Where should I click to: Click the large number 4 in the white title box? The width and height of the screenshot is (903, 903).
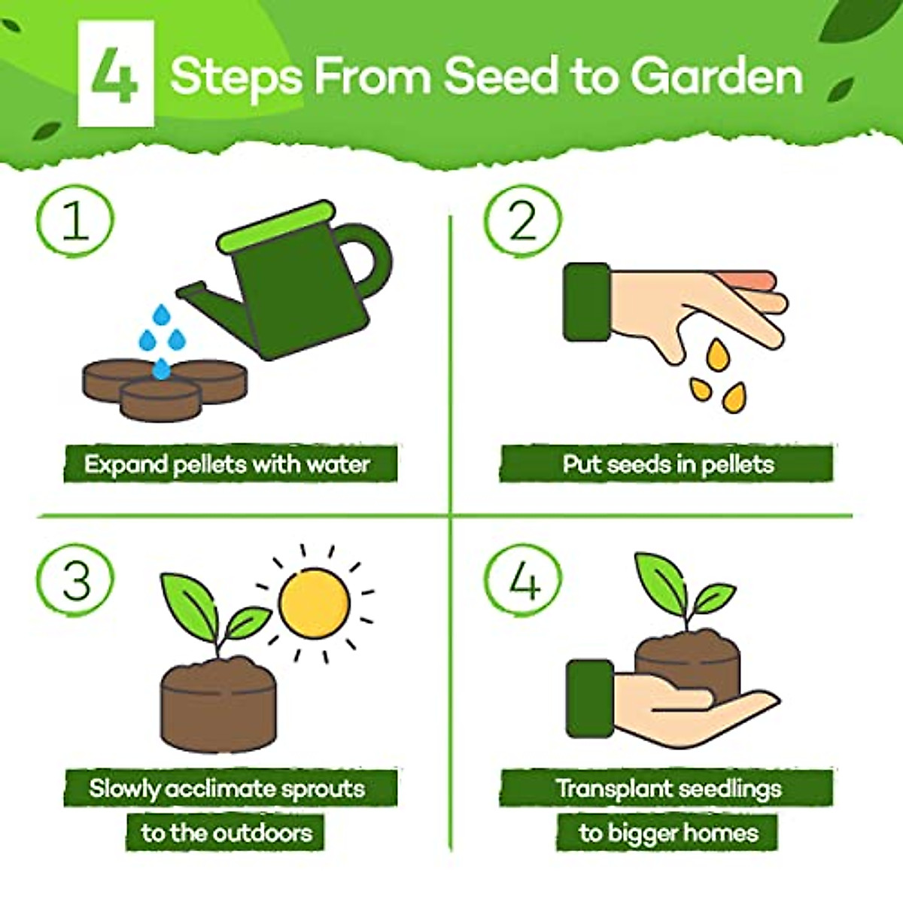coord(115,75)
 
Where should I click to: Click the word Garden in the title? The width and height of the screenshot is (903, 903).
coord(716,77)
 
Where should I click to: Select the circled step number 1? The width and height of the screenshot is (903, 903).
coord(74,222)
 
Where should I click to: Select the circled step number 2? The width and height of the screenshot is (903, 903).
coord(522,222)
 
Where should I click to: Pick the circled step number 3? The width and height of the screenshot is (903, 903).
coord(75,581)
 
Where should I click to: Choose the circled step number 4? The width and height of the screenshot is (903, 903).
coord(523,581)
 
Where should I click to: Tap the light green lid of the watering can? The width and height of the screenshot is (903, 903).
coord(275,226)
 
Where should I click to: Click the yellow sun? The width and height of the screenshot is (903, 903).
coord(314,602)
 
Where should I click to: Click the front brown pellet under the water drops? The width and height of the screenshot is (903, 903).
coord(160,399)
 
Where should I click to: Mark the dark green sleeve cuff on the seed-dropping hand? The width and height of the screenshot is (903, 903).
coord(586,302)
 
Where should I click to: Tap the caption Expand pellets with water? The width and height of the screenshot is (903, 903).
coord(228,464)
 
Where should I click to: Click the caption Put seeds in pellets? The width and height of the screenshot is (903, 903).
coord(667,464)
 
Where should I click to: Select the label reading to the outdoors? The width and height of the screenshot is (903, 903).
coord(226,832)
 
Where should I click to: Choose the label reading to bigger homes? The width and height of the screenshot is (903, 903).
coord(667,832)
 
